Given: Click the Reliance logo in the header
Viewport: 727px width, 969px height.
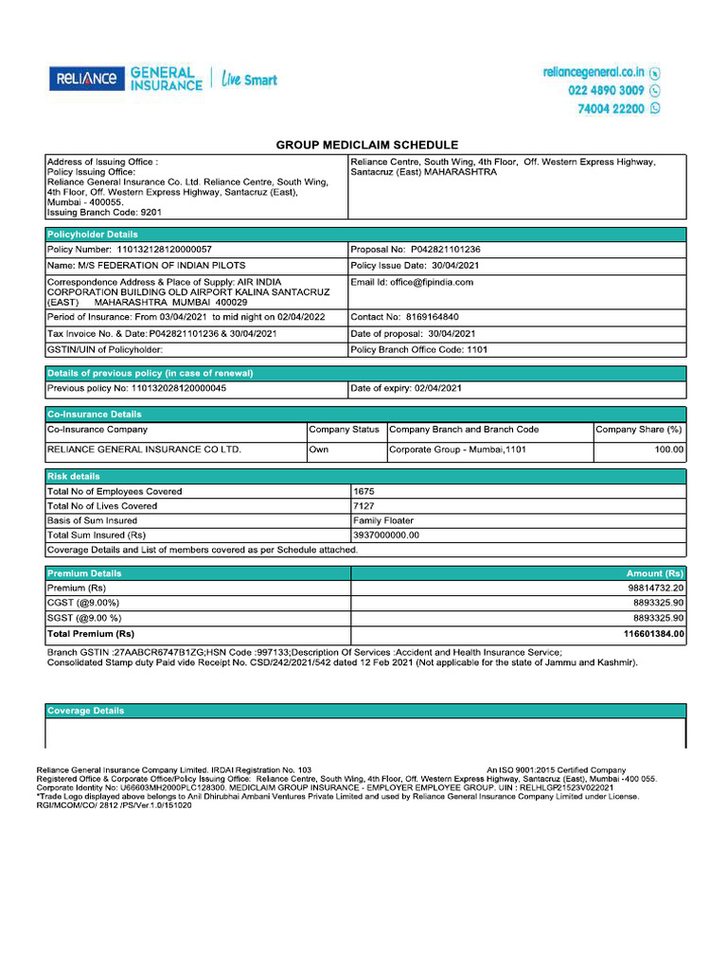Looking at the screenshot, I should tap(84, 79).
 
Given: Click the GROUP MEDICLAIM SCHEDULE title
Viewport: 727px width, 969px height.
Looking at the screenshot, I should tap(366, 145).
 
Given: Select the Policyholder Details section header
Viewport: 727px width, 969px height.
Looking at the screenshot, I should tap(93, 235).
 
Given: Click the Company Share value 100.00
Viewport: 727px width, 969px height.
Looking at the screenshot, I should tap(669, 450).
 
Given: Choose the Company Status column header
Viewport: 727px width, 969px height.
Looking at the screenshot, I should tap(344, 430).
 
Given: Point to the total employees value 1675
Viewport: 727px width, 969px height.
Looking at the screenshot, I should tap(363, 492).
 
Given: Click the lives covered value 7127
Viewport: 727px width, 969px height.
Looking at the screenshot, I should tap(363, 506).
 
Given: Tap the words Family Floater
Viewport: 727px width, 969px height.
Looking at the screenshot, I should tap(383, 520).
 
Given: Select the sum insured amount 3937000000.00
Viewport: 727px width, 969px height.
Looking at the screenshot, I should tap(386, 536).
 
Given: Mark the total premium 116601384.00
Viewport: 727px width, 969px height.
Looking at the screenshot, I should tap(644, 634).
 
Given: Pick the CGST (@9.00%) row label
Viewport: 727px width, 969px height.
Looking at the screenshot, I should tap(83, 603).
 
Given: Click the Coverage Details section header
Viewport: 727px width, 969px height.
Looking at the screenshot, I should tap(86, 711).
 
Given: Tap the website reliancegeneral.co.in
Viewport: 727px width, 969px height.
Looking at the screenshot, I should tap(593, 72).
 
